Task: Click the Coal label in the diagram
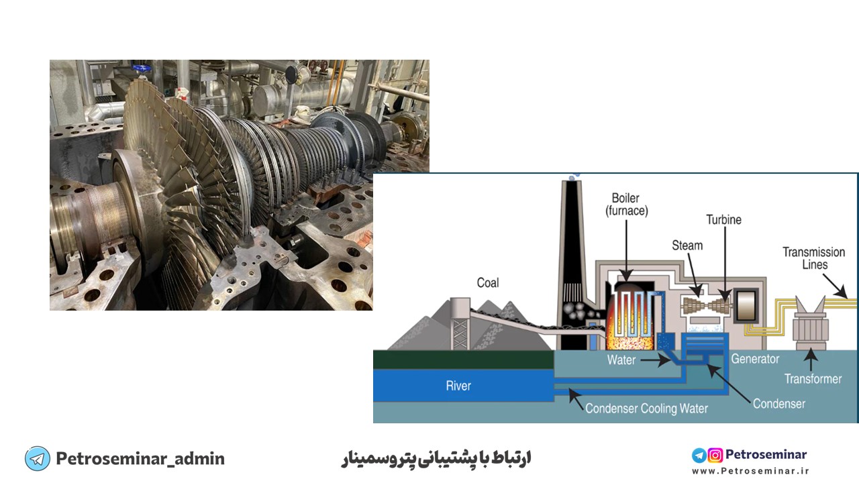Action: (x=488, y=283)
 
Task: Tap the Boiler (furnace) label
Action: (x=627, y=205)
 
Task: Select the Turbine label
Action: (x=724, y=219)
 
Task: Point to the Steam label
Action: (x=687, y=246)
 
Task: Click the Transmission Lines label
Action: (x=814, y=258)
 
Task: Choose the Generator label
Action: (x=755, y=359)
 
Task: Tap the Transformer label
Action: (x=813, y=379)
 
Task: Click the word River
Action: (x=458, y=386)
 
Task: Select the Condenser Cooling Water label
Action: (x=646, y=409)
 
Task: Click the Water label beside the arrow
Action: (x=621, y=360)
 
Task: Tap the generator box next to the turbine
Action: (x=746, y=305)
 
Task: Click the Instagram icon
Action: (x=715, y=455)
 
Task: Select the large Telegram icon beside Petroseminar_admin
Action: (x=37, y=458)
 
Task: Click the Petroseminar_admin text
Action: (x=140, y=458)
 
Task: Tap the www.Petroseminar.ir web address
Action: (x=750, y=471)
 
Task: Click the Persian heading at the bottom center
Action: (x=436, y=458)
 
